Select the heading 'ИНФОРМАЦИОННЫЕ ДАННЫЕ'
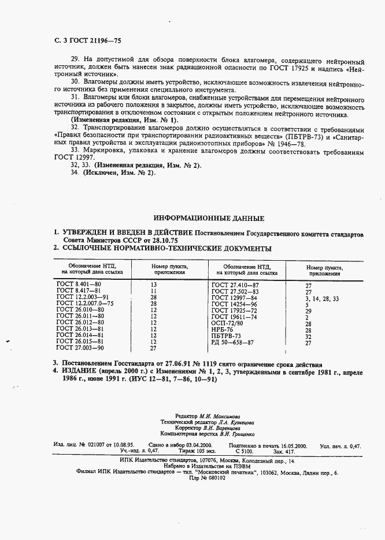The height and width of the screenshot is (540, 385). point(209,219)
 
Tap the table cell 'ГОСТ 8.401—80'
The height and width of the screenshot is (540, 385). point(79,284)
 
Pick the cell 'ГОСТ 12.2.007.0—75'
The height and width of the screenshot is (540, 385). point(85,303)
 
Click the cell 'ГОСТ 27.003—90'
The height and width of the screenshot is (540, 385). point(80,348)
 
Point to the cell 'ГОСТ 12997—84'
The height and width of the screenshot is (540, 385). point(235,298)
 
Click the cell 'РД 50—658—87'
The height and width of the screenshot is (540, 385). point(232,343)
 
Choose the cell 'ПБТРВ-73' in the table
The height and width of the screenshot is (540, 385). point(226,336)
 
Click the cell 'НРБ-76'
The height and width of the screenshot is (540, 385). point(223,330)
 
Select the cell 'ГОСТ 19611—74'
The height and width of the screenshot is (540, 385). point(235,317)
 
